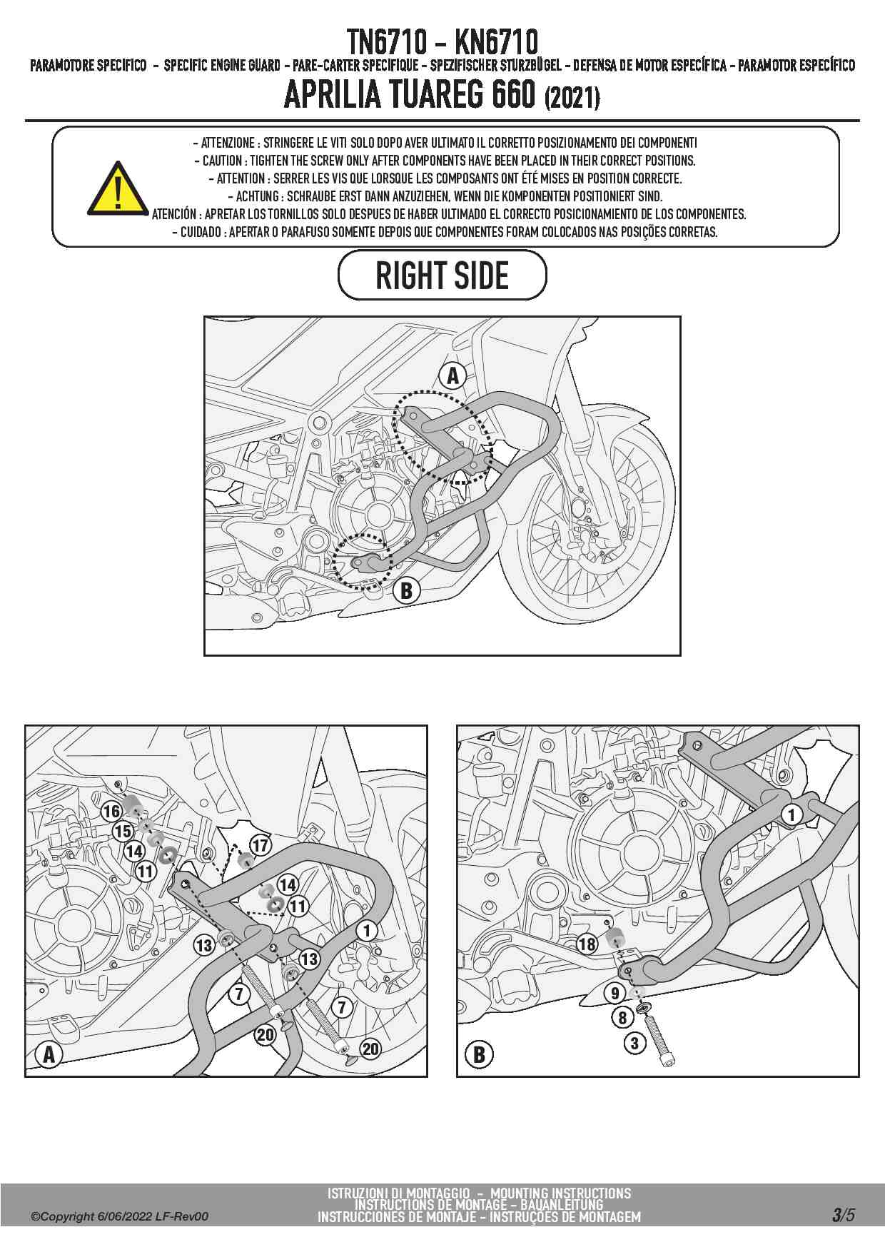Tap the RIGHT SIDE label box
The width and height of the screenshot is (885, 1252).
(x=442, y=276)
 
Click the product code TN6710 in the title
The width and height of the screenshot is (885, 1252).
(x=386, y=42)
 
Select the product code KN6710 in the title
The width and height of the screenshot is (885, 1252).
(x=496, y=42)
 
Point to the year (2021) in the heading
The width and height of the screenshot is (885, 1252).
(x=572, y=96)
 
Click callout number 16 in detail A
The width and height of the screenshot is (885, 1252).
(x=111, y=811)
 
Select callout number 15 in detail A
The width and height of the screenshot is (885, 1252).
(x=123, y=831)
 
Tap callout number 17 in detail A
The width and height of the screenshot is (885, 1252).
(x=261, y=845)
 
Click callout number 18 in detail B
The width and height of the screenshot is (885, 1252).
(x=587, y=944)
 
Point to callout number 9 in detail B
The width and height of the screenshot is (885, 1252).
(x=615, y=992)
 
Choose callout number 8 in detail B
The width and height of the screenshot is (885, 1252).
(x=622, y=1017)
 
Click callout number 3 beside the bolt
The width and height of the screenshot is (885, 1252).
(x=635, y=1043)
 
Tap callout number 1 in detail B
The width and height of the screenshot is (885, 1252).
(x=791, y=814)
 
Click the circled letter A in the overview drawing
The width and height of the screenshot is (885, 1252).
(x=452, y=375)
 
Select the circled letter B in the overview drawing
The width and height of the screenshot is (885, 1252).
(x=406, y=590)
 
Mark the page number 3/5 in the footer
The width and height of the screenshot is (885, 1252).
(x=842, y=1215)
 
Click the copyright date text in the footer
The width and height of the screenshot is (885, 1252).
(x=120, y=1216)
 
